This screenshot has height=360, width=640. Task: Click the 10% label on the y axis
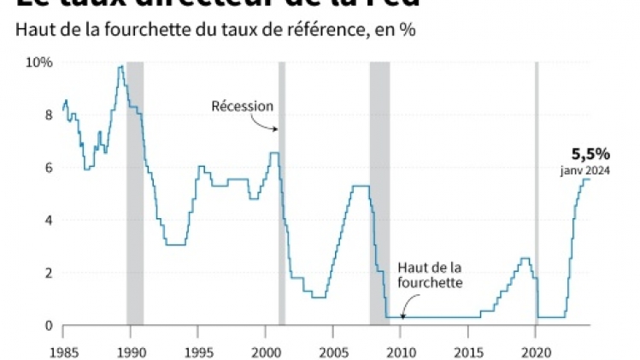click(x=39, y=62)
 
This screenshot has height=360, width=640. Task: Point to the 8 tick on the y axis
click(x=48, y=115)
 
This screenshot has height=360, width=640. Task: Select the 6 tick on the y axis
click(x=48, y=168)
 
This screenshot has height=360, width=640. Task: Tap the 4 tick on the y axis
click(x=48, y=221)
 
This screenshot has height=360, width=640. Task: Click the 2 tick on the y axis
click(x=48, y=273)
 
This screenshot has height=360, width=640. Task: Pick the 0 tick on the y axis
click(x=48, y=326)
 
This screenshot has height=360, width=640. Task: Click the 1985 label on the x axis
click(x=62, y=351)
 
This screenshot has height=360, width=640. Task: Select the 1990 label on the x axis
click(x=131, y=351)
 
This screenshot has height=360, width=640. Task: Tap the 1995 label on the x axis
click(x=198, y=351)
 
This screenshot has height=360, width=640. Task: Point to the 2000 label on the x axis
click(x=266, y=351)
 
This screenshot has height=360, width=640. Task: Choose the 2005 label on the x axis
click(x=333, y=351)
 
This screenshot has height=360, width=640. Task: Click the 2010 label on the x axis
click(x=401, y=351)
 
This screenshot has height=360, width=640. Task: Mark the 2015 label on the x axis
click(x=468, y=351)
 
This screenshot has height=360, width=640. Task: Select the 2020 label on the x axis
click(x=536, y=351)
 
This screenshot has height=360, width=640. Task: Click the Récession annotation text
click(x=243, y=107)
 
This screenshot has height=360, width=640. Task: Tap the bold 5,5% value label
click(x=590, y=154)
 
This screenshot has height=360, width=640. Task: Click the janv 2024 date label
click(x=586, y=170)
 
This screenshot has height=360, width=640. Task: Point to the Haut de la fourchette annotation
click(x=430, y=276)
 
